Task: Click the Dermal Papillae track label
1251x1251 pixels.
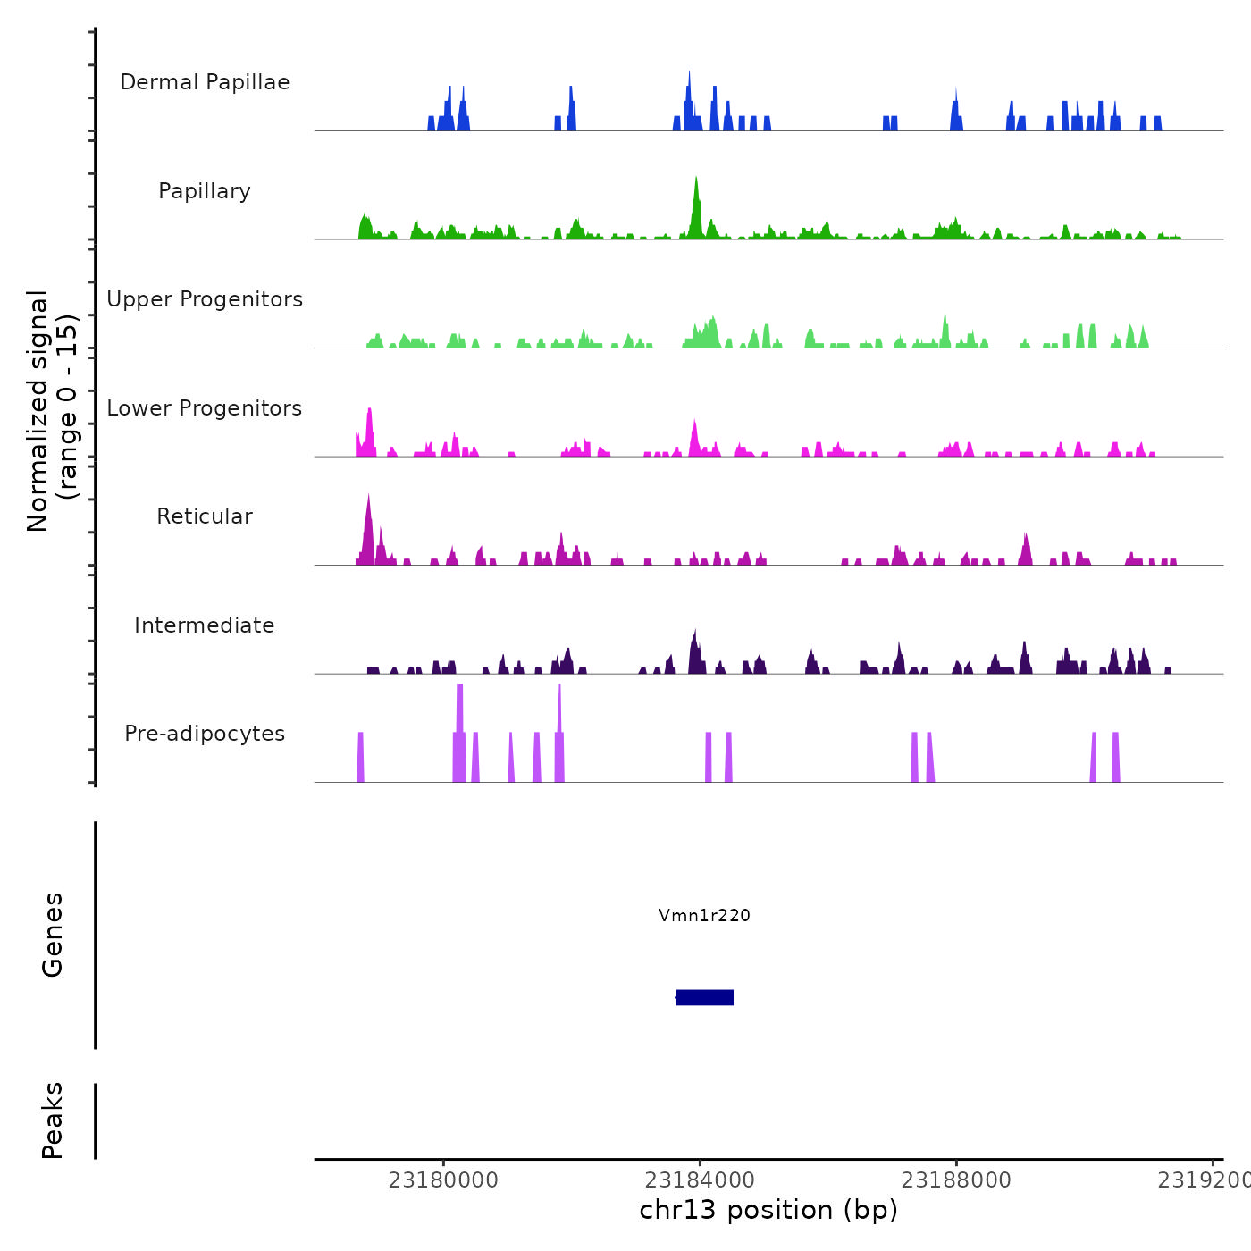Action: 205,82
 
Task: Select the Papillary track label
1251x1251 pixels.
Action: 205,191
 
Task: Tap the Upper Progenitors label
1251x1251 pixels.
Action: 205,299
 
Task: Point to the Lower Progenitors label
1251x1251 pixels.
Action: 205,408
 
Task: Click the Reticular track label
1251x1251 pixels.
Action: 205,516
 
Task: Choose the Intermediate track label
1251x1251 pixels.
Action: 205,625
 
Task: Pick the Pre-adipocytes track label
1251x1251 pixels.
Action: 205,734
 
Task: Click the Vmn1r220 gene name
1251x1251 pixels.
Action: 704,915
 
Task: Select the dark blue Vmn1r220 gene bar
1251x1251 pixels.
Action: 705,997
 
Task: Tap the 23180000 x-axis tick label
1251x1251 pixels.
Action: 443,1180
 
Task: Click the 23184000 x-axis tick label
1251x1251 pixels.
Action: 700,1180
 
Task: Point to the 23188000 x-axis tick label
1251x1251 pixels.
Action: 956,1180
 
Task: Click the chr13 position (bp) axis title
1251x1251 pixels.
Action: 768,1210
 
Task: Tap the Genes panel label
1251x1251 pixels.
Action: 53,935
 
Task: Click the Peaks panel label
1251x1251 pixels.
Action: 53,1121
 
